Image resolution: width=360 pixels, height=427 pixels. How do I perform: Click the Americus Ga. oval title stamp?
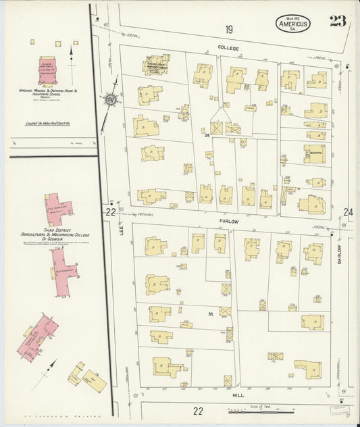[x=292, y=23]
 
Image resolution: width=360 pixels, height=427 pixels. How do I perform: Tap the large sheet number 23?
[x=338, y=21]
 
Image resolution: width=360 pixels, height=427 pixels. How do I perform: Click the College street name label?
[x=228, y=49]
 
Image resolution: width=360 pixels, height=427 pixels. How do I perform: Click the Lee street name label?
[x=122, y=230]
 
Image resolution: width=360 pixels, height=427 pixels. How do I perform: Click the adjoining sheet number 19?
[x=229, y=29]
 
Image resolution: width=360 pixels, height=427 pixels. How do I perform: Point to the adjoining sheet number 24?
[x=348, y=212]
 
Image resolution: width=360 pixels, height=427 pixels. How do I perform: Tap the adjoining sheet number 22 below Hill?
[x=198, y=410]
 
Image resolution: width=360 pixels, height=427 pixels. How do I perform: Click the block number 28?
[x=207, y=135]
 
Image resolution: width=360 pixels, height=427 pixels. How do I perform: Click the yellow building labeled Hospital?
[x=313, y=153]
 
